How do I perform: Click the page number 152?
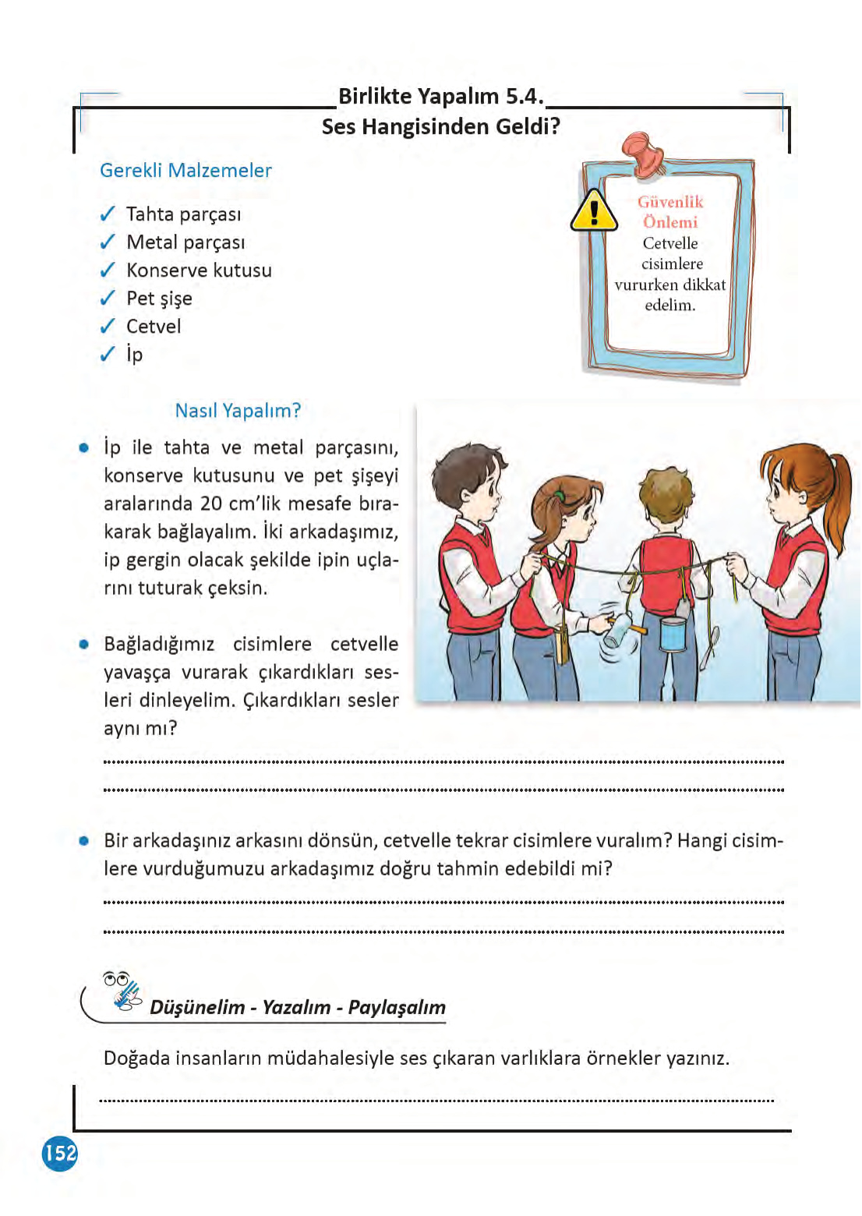[x=60, y=1153]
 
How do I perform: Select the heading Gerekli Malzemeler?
[x=185, y=171]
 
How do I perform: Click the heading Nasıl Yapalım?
[x=238, y=411]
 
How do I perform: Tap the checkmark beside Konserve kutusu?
[x=108, y=270]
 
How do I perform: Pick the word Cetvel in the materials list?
[x=154, y=327]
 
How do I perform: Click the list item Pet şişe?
[x=159, y=299]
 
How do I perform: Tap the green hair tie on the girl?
[x=559, y=495]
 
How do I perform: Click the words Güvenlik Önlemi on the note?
[x=670, y=212]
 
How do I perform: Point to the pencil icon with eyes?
[x=123, y=990]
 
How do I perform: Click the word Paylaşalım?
[x=397, y=1007]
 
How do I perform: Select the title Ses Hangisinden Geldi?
[x=440, y=126]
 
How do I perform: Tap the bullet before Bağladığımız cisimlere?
[x=84, y=645]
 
